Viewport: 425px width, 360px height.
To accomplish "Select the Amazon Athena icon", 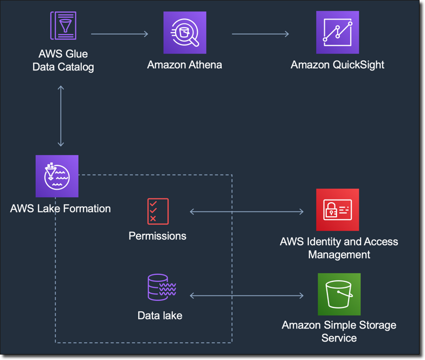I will coord(185,33).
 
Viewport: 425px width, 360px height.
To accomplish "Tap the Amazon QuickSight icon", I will coord(337,33).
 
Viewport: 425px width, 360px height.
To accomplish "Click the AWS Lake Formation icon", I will coord(57,176).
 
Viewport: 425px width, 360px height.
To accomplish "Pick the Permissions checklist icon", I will coord(158,211).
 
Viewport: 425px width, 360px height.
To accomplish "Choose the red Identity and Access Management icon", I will coord(337,210).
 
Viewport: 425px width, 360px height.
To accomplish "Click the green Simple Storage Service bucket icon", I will coord(339,294).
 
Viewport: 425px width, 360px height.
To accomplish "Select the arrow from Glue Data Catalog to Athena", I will coord(119,34).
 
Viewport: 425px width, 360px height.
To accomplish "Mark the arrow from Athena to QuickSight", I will coord(260,34).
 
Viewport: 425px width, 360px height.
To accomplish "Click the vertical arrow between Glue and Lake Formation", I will coord(61,115).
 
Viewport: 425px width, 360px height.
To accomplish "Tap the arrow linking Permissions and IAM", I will coord(247,211).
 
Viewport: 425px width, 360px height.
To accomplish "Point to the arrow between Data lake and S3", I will coord(247,295).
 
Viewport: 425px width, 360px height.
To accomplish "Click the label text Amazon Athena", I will coord(184,65).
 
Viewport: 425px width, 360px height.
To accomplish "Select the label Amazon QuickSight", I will coord(337,65).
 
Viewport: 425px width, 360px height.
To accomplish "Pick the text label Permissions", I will coord(157,236).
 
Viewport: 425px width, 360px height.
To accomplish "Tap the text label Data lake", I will coord(160,316).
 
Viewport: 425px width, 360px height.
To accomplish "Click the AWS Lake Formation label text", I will coord(60,208).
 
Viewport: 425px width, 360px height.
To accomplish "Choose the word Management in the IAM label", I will coord(339,254).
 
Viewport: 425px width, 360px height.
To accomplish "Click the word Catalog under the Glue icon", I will coord(76,67).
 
